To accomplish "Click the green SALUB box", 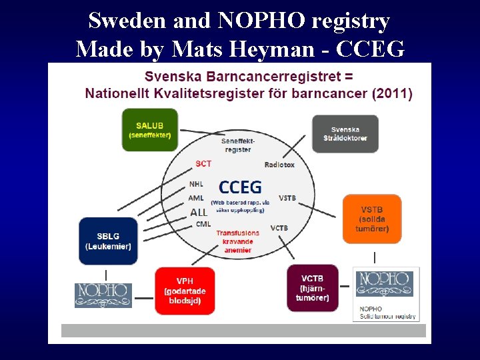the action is [150, 130].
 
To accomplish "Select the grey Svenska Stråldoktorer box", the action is [345, 133].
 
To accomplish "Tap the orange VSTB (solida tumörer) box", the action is [372, 219].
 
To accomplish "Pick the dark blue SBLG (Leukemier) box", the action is [108, 241].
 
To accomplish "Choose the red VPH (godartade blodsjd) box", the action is [185, 291].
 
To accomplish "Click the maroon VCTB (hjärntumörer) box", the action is [312, 287].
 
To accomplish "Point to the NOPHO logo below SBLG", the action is [103, 295].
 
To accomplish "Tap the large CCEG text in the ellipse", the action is [240, 187].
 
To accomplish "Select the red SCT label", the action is [203, 164].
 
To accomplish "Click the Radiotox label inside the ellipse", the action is [279, 165].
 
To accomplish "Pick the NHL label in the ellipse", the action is [196, 184].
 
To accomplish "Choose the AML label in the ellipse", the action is [196, 198].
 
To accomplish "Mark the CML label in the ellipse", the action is [203, 224].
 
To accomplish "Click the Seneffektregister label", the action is [238, 145].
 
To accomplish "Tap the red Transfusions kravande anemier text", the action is [238, 241].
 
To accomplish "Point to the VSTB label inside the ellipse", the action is [287, 198].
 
